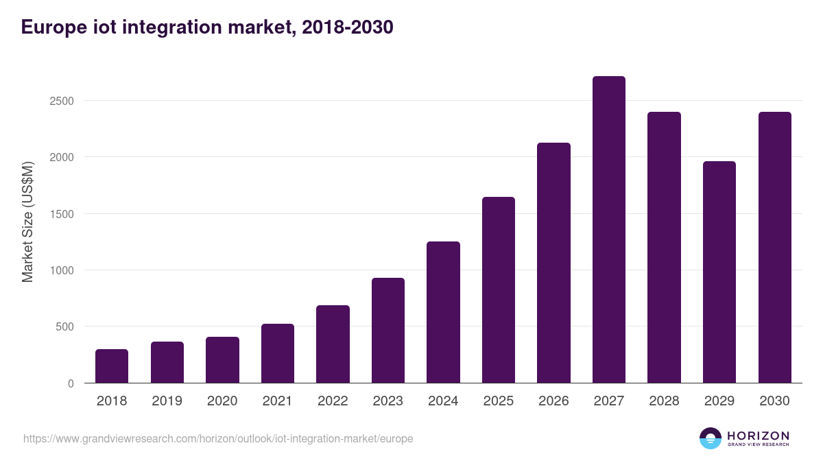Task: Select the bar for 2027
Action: point(608,230)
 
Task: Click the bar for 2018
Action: point(112,366)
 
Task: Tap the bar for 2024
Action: point(443,312)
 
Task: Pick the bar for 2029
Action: point(719,272)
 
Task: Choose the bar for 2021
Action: point(278,353)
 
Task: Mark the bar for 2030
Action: point(774,248)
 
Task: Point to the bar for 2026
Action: point(553,263)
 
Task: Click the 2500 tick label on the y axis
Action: point(61,101)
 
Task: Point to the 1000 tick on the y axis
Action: point(61,270)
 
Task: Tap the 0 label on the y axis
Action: point(70,383)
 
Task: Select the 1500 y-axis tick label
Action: point(61,214)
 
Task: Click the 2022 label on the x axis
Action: point(333,401)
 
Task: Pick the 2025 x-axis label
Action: point(499,401)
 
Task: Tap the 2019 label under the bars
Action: point(167,401)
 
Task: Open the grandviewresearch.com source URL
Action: point(218,438)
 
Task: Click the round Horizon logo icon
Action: point(711,438)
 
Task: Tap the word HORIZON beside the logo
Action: point(758,436)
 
